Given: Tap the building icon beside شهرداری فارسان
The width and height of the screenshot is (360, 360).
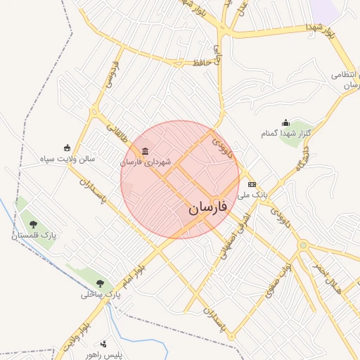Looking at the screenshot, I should coord(145,151).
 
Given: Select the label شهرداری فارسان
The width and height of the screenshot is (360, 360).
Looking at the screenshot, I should coord(146,162).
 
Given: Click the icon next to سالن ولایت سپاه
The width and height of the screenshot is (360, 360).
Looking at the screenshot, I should coord(67,148).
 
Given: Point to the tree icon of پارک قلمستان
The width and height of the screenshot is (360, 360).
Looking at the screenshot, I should coord(33,225).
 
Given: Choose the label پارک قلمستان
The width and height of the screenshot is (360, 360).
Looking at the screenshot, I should coord(33,236).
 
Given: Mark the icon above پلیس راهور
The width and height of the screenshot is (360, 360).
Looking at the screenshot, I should coord(103,343).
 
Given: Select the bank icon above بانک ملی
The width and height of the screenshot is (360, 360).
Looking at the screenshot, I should coord(252,184).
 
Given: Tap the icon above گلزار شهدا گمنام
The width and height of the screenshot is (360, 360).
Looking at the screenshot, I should coord(285,123).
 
